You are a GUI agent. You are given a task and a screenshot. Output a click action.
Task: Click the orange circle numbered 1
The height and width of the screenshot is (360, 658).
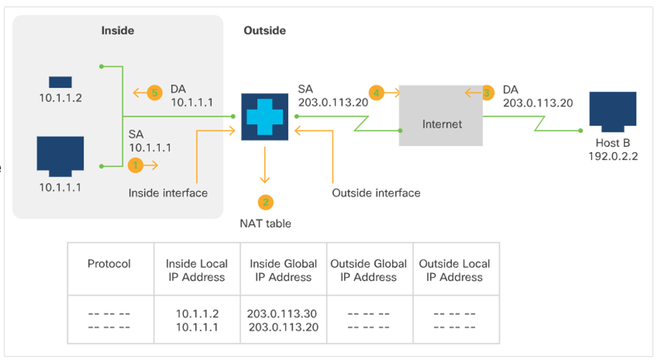[x=136, y=166]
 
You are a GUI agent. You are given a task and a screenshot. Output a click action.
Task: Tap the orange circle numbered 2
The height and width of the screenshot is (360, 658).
[x=265, y=202]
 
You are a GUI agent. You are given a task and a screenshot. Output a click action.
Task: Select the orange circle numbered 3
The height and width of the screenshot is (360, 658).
[x=486, y=92]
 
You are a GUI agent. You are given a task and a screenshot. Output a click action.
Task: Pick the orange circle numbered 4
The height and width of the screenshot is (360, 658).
[x=376, y=92]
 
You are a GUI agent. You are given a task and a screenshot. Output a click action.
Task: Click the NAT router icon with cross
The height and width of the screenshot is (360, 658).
[x=265, y=117]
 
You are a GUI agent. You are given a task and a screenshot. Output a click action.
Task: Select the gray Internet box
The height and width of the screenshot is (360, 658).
[x=441, y=115]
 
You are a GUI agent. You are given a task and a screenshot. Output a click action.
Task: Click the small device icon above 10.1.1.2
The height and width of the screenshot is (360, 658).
[x=60, y=82]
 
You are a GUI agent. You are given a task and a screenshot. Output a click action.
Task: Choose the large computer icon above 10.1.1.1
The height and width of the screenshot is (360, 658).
[x=60, y=156]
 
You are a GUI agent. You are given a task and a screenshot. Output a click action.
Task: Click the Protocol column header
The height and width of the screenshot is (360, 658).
[x=109, y=264]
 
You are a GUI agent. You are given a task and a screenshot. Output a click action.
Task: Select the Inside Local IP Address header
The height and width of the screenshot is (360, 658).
[x=197, y=270]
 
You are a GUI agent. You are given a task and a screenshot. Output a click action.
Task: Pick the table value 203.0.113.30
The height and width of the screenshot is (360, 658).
[x=283, y=314]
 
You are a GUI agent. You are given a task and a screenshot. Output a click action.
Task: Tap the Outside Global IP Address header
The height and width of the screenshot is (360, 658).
[x=368, y=270]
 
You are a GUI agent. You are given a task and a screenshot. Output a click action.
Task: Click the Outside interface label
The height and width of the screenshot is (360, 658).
[x=376, y=193]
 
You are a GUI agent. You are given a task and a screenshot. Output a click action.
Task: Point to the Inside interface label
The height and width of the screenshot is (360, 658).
[x=168, y=193]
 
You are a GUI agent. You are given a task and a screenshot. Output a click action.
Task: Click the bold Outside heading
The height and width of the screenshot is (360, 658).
[x=265, y=31]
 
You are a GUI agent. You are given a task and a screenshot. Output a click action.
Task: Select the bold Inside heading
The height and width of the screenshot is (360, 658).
[x=118, y=31]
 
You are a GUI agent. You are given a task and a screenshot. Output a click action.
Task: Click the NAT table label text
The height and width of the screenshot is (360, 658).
[x=265, y=224]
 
